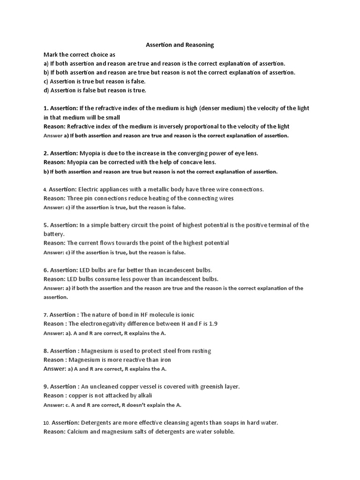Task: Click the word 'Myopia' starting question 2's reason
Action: click(78, 162)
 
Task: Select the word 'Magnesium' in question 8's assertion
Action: click(98, 351)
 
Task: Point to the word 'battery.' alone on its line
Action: click(54, 234)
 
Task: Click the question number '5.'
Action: click(46, 225)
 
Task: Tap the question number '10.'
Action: click(46, 422)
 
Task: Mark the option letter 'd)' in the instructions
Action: click(46, 90)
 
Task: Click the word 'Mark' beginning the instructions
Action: click(51, 54)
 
